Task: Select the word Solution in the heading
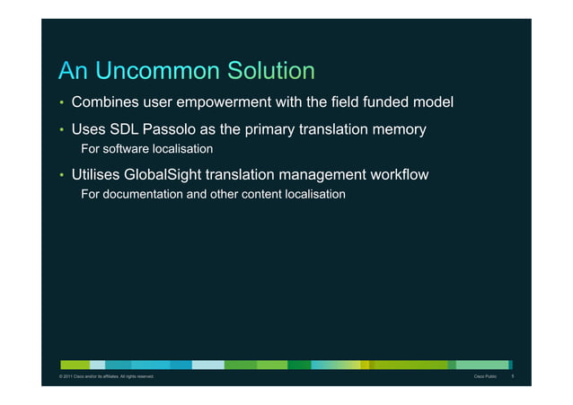(270, 71)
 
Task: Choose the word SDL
(127, 130)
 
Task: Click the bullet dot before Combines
(62, 104)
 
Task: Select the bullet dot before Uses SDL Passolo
(62, 131)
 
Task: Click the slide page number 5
(512, 376)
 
